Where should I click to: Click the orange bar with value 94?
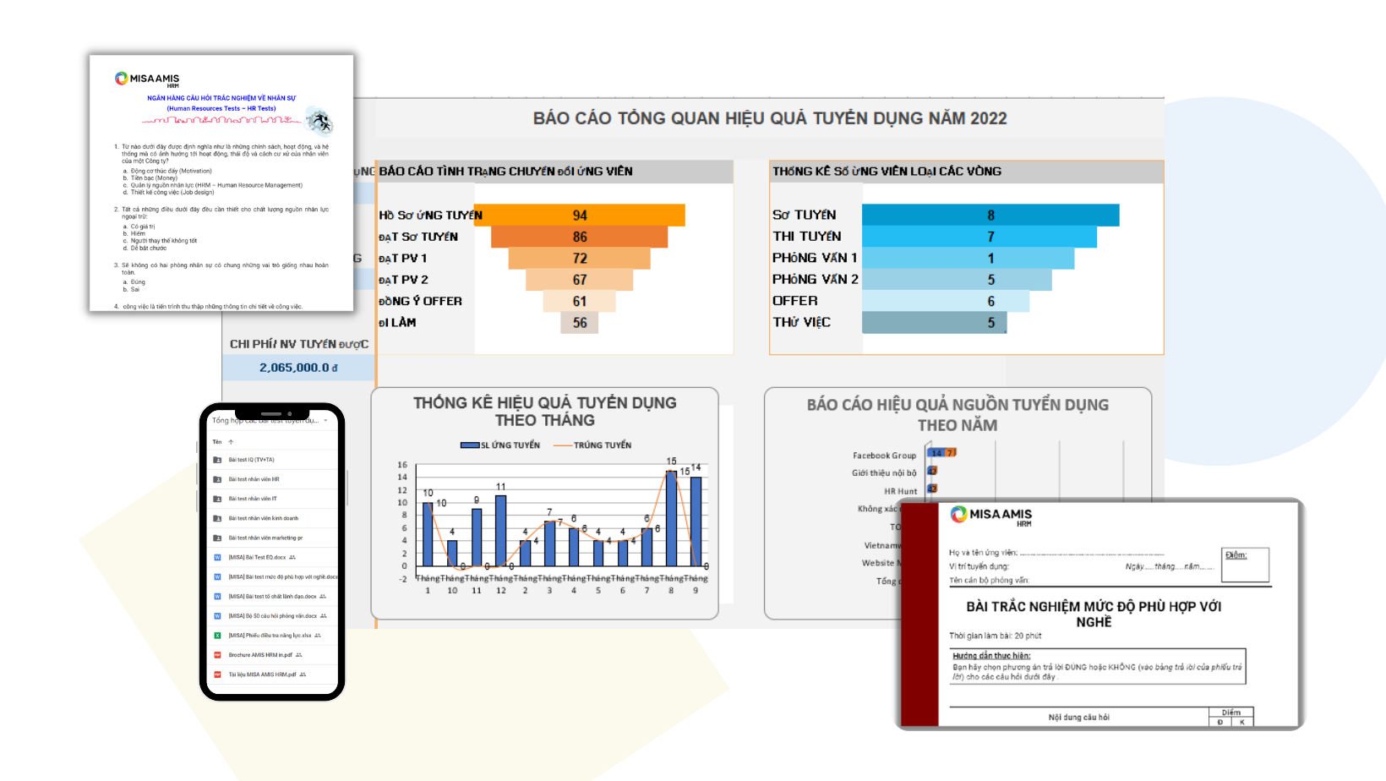pos(580,216)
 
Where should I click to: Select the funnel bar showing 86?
pos(580,237)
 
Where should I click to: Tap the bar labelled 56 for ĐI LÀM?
pos(580,323)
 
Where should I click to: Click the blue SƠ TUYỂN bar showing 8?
pos(990,216)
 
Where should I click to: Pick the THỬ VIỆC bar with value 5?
pos(934,323)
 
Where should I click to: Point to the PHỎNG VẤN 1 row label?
pos(815,258)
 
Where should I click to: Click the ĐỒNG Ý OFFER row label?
pos(420,301)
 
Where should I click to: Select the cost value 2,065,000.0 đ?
pos(298,368)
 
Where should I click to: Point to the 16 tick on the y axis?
pos(402,465)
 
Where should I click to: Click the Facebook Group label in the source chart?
pos(884,456)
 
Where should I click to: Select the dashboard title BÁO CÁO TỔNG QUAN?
pos(769,118)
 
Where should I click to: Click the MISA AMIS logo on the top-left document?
pos(147,79)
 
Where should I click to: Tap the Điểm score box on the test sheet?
pos(1246,565)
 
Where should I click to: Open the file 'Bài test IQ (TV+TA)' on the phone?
pos(251,460)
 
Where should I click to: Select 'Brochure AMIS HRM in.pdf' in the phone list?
pos(259,655)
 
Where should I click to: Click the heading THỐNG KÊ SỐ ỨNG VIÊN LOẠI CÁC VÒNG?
pos(887,172)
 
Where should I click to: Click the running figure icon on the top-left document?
pos(319,122)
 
